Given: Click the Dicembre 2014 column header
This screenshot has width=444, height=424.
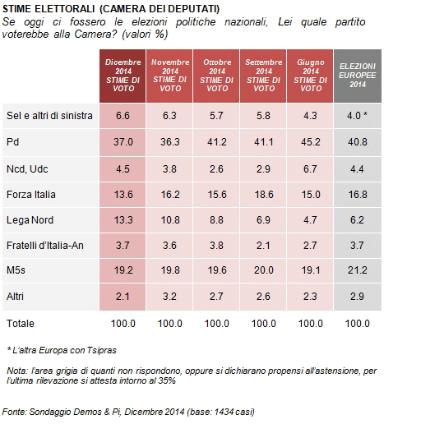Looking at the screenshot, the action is pos(123,76).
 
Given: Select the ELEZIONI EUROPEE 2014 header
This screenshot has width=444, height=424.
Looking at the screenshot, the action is pos(358,76).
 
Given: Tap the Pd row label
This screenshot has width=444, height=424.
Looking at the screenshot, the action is pos(12,142).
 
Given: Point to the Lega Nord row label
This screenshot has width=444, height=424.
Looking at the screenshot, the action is pos(30,220).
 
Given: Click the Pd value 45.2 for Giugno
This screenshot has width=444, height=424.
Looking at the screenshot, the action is pos(311,142).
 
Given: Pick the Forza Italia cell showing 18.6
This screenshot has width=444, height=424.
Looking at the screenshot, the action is pos(264,195).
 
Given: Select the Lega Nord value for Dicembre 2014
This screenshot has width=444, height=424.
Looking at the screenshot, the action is pos(123,220).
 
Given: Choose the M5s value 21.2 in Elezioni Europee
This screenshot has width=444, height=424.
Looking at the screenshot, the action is pos(358,270).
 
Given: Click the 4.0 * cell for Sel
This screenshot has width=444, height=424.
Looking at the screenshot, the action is pos(357,116).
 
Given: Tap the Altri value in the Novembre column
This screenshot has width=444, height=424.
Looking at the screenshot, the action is pos(169,297).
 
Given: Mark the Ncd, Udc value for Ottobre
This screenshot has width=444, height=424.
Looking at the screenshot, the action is pos(216,169).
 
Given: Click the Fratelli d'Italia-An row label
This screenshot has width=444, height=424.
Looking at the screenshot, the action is pos(45,246).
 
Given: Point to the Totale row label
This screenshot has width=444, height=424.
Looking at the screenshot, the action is pos(21,324).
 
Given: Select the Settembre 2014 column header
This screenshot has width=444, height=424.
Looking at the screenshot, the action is pos(264,76).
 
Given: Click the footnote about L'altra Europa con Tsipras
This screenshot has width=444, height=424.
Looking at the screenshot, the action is pos(62,350).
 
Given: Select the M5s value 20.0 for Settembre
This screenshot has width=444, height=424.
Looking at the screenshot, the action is pos(264,270).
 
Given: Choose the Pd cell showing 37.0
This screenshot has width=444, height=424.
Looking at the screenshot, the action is pos(123,142).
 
